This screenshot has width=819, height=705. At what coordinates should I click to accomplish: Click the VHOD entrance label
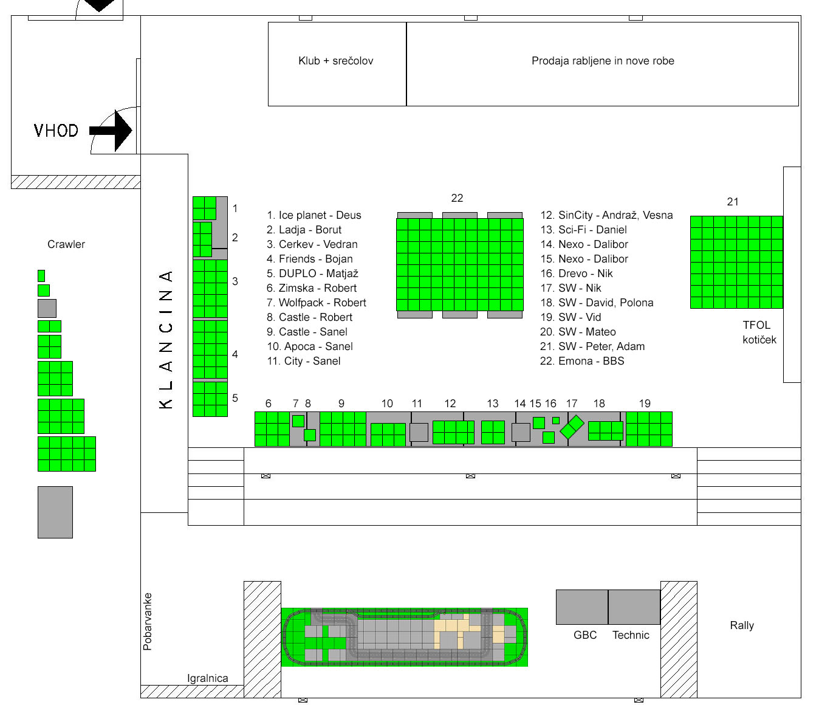tap(56, 131)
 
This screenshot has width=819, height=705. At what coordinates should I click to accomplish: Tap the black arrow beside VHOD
tap(111, 131)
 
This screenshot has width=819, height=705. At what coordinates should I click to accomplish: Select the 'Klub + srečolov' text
tap(335, 61)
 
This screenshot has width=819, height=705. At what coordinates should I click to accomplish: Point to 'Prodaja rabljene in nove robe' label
tap(603, 61)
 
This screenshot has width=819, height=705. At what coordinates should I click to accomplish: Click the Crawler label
tap(66, 244)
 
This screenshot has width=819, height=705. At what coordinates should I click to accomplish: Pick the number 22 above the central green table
tap(457, 198)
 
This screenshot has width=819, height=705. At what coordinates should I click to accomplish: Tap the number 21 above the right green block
tap(733, 202)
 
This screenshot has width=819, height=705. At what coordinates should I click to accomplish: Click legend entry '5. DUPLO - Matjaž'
tap(312, 273)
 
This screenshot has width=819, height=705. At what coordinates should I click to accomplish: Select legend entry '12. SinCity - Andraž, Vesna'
tap(606, 215)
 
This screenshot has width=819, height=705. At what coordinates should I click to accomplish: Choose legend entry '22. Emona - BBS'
tap(582, 361)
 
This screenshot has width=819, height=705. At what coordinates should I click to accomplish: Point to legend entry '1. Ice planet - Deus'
tap(314, 215)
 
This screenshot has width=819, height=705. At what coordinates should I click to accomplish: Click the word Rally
tap(742, 625)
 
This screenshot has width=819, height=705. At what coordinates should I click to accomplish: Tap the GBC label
tap(585, 635)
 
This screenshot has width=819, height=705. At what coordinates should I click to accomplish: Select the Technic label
tap(631, 635)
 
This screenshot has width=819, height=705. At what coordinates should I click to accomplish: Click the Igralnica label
tap(208, 678)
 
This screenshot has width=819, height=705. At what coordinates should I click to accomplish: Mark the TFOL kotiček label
tap(759, 332)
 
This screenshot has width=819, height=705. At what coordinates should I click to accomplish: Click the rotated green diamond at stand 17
tap(572, 427)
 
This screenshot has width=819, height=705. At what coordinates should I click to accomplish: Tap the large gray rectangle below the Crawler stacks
tap(55, 512)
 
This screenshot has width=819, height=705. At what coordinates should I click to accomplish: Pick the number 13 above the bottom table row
tap(493, 404)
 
